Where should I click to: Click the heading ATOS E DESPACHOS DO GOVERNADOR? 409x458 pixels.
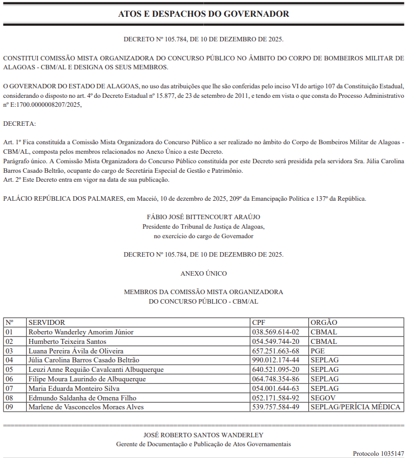coord(204,14)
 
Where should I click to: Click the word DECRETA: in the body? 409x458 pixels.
coord(19,123)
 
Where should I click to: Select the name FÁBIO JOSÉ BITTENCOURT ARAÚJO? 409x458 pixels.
coord(203,217)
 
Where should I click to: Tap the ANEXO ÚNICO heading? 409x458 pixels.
coord(203,273)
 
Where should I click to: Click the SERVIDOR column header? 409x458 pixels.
coord(46,323)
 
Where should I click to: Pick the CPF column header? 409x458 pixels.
coord(259,323)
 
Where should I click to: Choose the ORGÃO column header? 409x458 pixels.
coord(324,323)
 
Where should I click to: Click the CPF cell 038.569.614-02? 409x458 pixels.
coord(275,332)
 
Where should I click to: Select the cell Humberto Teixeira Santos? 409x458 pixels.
coord(67,342)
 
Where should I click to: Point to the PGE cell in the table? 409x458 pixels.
coord(318,351)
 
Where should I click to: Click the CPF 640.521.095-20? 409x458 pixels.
coord(275,370)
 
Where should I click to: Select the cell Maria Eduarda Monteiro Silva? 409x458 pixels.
coord(74,388)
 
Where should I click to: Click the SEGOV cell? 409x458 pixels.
coord(322,398)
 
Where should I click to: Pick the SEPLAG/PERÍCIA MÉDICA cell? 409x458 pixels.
coord(355,407)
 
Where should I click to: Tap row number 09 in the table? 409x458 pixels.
coord(9,407)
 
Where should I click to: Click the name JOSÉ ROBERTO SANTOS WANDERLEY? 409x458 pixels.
coord(203,435)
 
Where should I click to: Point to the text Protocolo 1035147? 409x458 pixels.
coord(378,453)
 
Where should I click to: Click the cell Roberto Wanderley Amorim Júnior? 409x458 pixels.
coord(81,332)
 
